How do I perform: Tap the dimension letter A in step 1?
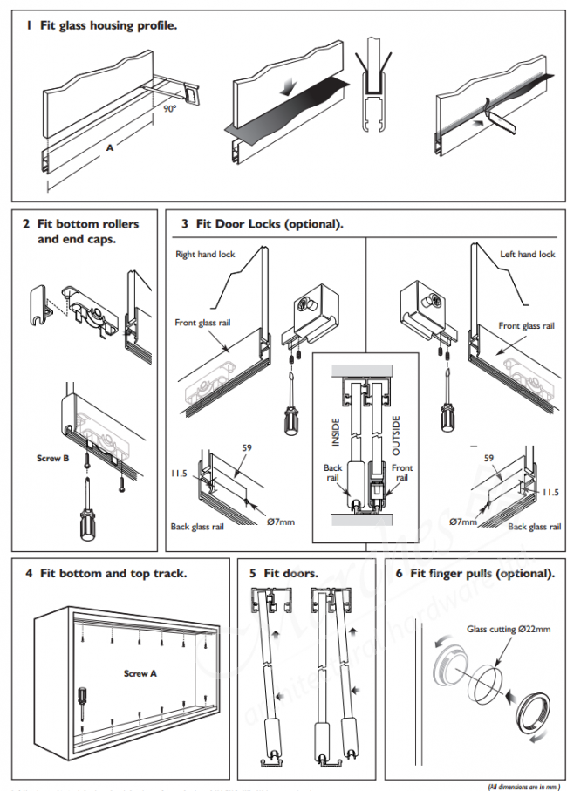click(x=110, y=148)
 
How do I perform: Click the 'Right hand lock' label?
click(x=205, y=255)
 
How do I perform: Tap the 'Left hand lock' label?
click(x=528, y=255)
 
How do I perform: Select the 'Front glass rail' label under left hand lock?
click(x=526, y=325)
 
